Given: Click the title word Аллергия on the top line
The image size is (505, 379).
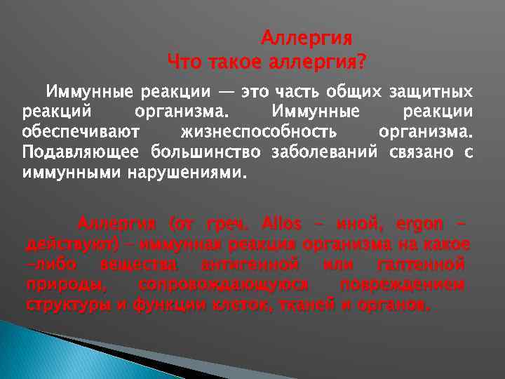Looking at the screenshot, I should pyautogui.click(x=307, y=37).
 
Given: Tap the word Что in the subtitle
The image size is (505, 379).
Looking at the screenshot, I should pyautogui.click(x=185, y=63).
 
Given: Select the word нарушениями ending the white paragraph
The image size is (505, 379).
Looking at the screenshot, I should pyautogui.click(x=187, y=171).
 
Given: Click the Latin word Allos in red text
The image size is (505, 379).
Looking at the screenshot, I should pyautogui.click(x=281, y=225).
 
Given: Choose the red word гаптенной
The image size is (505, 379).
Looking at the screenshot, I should pyautogui.click(x=420, y=265).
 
